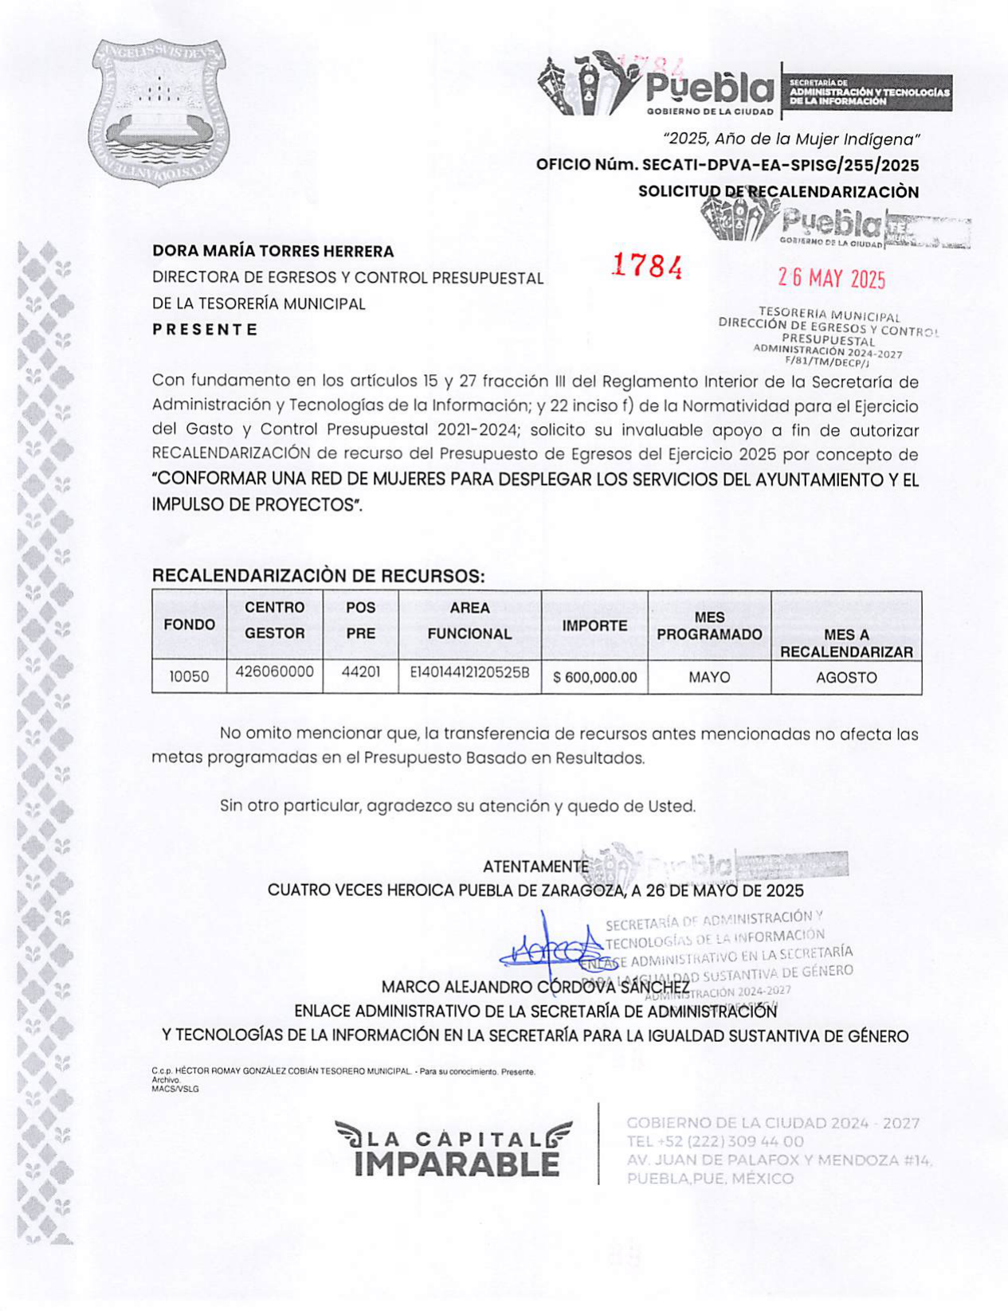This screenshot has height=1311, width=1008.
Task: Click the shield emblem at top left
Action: [157, 112]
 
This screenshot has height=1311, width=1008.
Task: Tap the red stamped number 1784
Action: [646, 266]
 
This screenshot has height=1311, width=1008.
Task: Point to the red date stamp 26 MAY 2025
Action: [831, 278]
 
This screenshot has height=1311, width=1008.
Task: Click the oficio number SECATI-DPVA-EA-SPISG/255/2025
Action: [727, 166]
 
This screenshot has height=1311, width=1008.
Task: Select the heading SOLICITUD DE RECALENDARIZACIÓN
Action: [779, 192]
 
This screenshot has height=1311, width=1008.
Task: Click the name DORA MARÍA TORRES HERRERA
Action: [273, 251]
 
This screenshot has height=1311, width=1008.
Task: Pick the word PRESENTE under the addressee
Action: [205, 330]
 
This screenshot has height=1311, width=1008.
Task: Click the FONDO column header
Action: [189, 624]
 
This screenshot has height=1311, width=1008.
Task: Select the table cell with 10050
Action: [189, 677]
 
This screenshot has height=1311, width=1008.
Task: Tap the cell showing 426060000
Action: [274, 671]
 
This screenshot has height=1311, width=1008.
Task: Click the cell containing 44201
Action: [360, 671]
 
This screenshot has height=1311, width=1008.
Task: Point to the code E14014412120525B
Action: [469, 671]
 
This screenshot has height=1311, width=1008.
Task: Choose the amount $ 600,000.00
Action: [594, 678]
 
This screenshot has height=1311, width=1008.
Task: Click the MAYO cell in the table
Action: [709, 677]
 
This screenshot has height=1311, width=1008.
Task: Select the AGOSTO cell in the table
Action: [846, 678]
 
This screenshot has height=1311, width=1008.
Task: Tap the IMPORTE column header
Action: [594, 626]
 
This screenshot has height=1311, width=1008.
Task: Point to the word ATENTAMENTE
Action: [535, 867]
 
